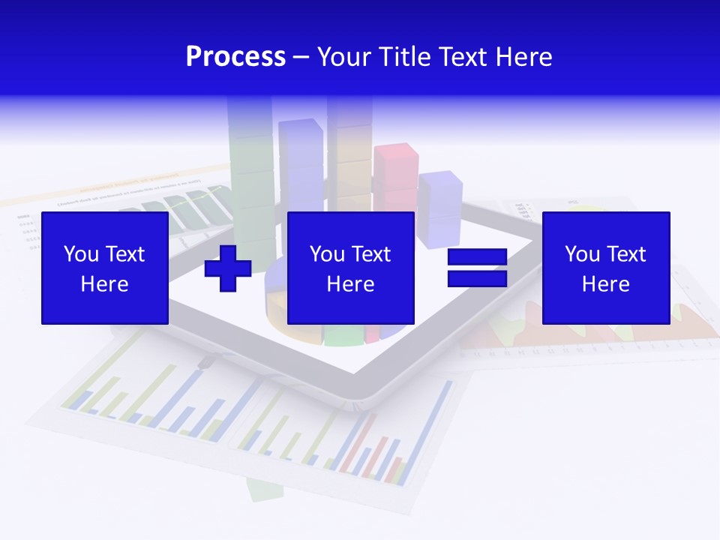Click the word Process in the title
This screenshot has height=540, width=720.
(235, 57)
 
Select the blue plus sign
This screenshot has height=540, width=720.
(228, 268)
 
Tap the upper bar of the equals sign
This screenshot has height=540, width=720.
(477, 257)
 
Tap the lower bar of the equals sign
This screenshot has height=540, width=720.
(477, 279)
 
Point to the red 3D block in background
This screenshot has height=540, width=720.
(395, 166)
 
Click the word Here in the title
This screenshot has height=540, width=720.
(523, 57)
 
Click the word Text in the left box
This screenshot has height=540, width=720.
(125, 254)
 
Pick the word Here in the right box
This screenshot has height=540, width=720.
(605, 284)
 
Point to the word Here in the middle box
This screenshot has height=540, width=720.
(350, 284)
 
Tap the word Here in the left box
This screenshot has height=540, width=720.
(104, 284)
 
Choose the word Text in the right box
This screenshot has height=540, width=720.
(626, 254)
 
